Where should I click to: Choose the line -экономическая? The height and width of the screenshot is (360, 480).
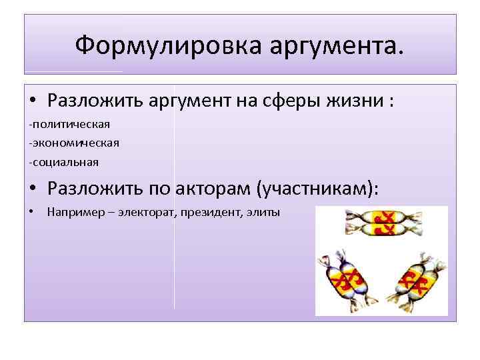pyautogui.click(x=73, y=142)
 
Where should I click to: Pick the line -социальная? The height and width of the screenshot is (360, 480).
pyautogui.click(x=64, y=161)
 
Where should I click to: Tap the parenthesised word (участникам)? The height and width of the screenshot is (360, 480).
pyautogui.click(x=316, y=188)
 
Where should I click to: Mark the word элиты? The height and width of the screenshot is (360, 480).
pyautogui.click(x=265, y=213)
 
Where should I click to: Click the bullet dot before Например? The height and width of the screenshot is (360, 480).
pyautogui.click(x=31, y=213)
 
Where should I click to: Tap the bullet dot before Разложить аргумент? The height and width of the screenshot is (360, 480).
pyautogui.click(x=33, y=103)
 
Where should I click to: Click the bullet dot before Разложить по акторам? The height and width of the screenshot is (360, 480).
pyautogui.click(x=33, y=188)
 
